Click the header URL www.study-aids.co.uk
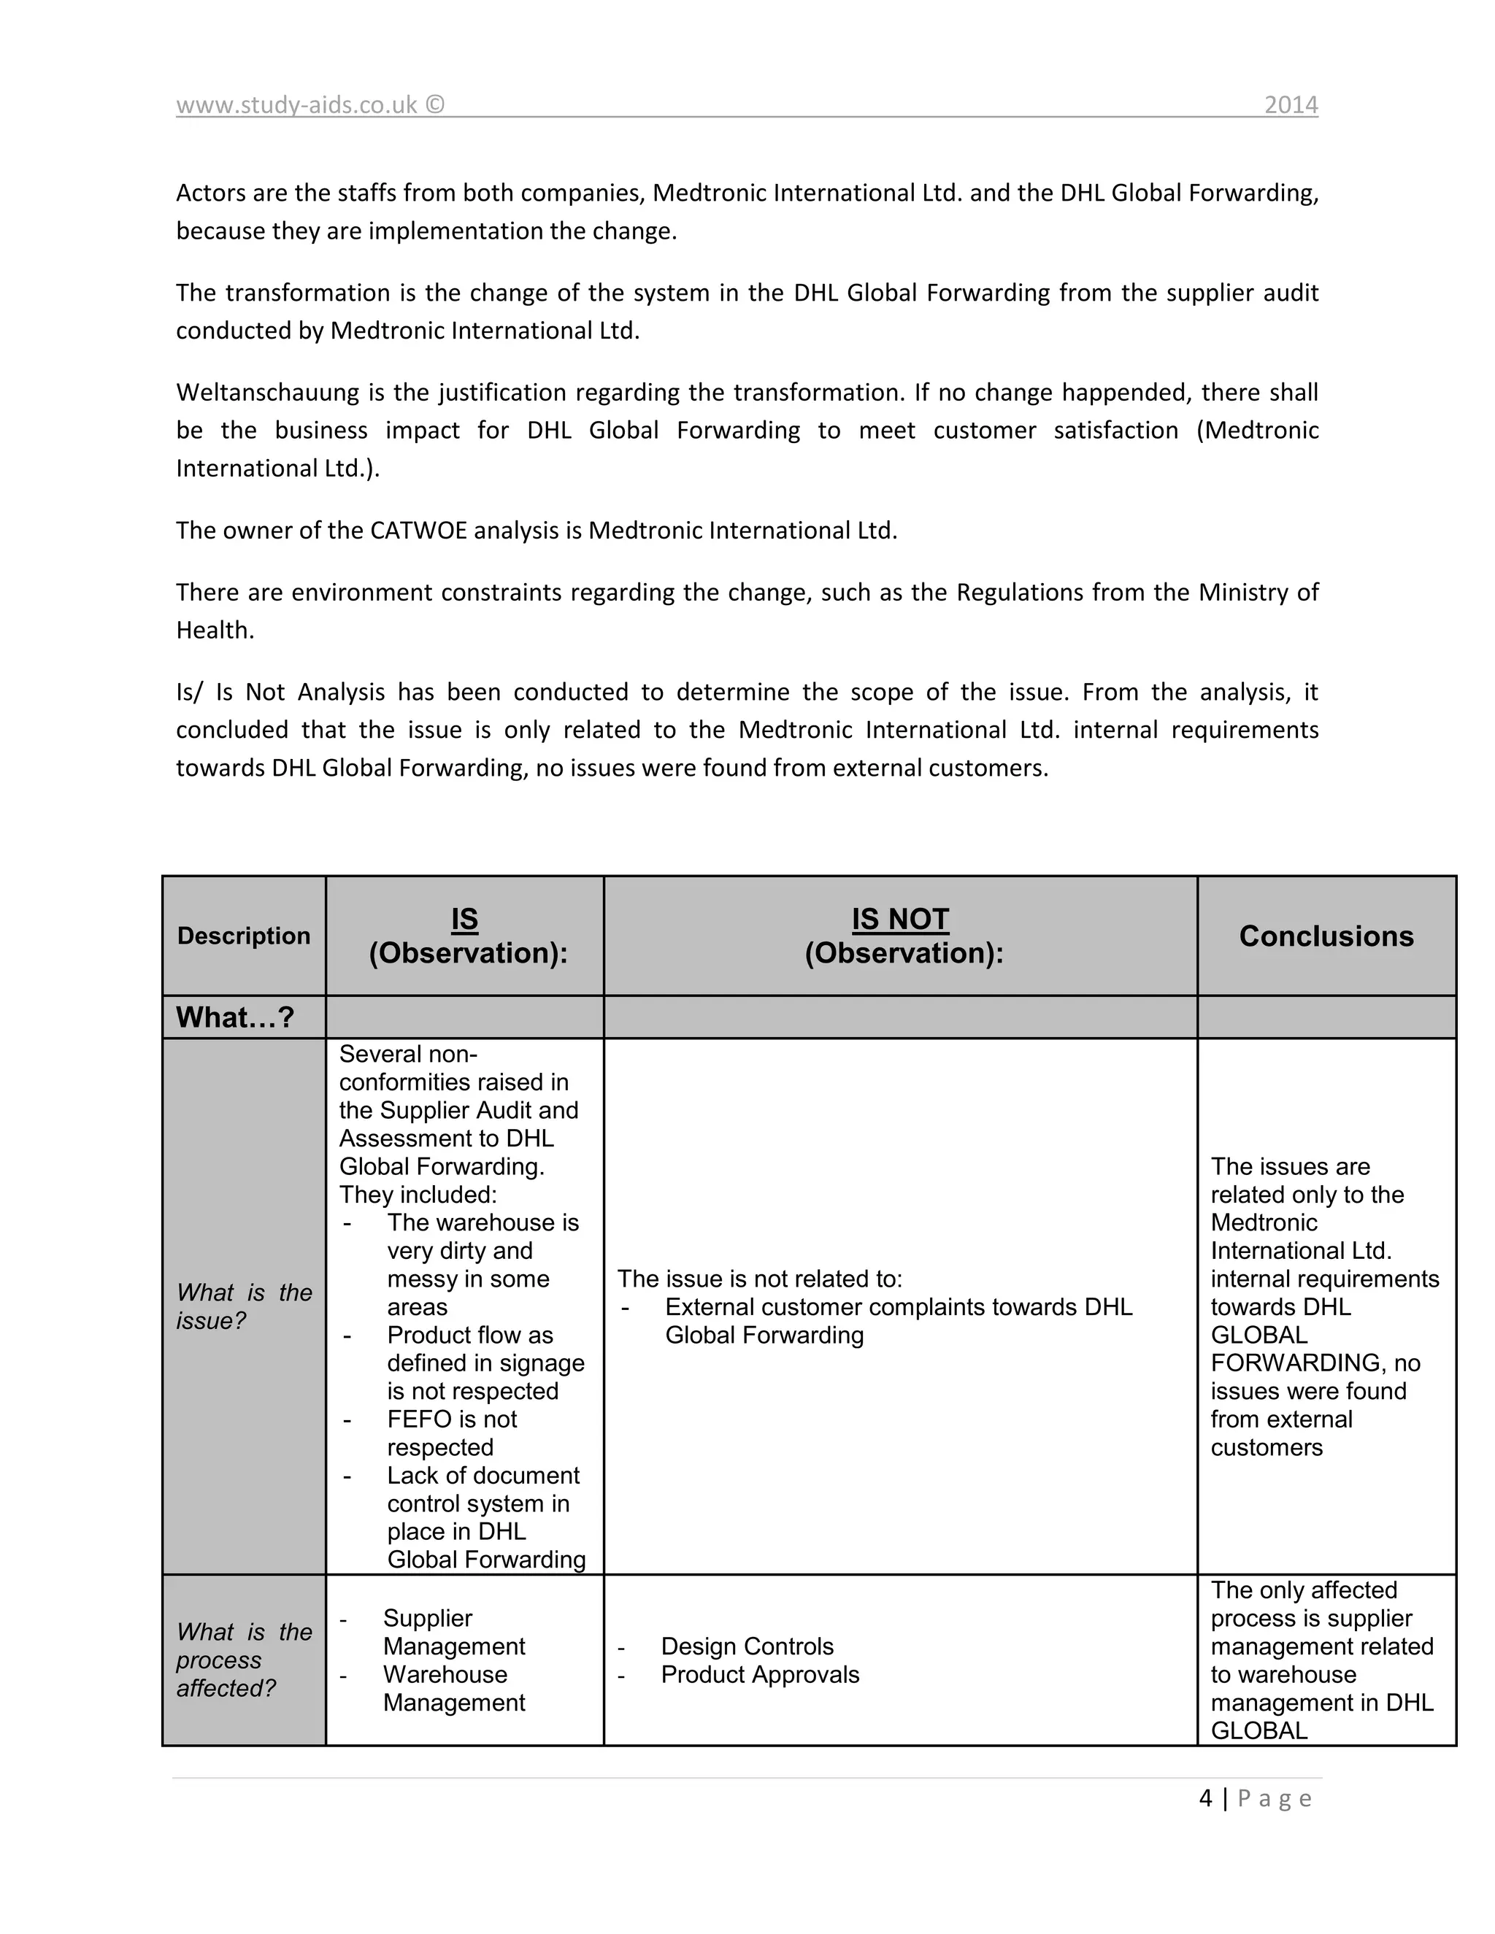tap(296, 105)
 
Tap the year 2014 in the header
tap(1291, 105)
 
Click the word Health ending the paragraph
tap(215, 631)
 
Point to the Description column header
tap(244, 936)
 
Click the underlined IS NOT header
tap(900, 919)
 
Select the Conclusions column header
tap(1326, 936)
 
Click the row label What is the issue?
tap(244, 1306)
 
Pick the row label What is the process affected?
tap(244, 1660)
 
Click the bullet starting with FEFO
tap(452, 1419)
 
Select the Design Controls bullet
tap(747, 1646)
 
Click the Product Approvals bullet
tap(760, 1674)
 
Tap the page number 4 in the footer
tap(1205, 1798)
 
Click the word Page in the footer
tap(1274, 1798)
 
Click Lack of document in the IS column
tap(483, 1475)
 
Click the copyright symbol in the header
tap(434, 105)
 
